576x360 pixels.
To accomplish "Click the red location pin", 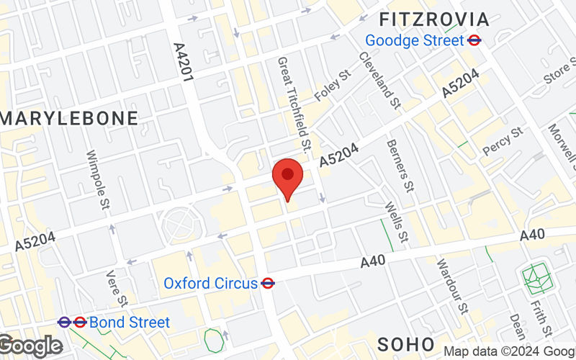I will tap(288, 177).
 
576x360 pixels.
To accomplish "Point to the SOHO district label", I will tap(405, 343).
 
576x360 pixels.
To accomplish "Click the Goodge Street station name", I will tap(414, 40).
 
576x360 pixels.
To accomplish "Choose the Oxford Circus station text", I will tap(210, 283).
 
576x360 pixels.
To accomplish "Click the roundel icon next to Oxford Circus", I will tap(269, 283).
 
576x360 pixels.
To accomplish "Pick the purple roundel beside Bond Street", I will tap(64, 322).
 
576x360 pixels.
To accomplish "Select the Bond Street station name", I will tap(130, 322).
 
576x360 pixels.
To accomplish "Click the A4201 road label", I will tap(184, 61).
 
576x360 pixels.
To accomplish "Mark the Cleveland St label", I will tap(379, 80).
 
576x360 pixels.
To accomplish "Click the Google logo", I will tap(30, 346).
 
